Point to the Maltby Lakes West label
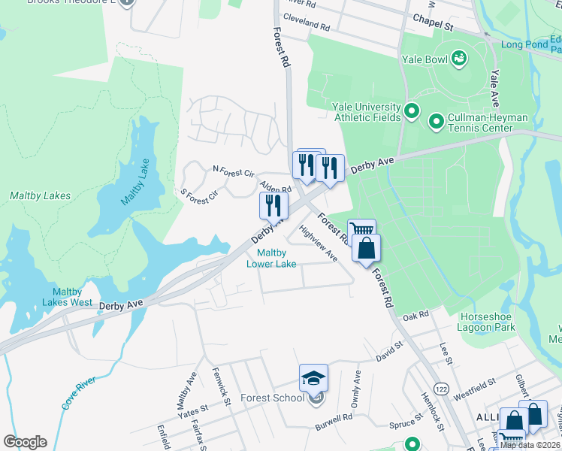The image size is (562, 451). coord(73,297)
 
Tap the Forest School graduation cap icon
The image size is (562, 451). coord(314,377)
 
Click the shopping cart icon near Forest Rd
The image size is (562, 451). coord(361,230)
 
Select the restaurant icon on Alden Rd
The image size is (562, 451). coord(274,204)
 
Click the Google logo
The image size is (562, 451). coord(24,442)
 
